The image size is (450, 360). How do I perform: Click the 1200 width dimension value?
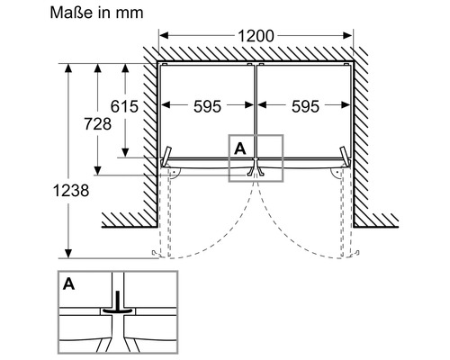256,36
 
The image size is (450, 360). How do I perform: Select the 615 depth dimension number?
124,106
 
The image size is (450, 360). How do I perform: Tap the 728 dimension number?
97,124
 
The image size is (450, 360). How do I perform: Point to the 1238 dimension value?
71,191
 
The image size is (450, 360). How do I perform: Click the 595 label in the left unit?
207,106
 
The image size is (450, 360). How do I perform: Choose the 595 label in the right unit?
305,106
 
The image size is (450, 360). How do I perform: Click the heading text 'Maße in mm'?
96,13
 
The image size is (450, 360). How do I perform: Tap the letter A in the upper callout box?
240,148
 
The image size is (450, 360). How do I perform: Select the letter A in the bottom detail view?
68,283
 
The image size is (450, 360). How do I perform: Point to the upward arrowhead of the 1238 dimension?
68,67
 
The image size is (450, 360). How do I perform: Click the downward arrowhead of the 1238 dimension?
68,254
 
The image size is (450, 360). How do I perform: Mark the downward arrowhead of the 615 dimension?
125,153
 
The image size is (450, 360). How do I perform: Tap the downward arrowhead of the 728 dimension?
97,171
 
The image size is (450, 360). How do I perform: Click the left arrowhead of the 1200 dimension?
164,36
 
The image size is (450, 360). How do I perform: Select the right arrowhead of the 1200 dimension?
347,36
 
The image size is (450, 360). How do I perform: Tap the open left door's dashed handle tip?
155,253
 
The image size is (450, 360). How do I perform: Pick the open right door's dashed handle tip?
356,253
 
